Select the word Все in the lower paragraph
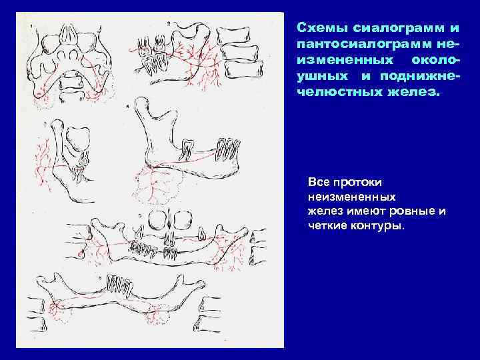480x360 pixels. tap(318, 181)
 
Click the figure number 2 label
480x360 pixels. tap(169, 23)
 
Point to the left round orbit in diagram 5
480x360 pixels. tap(159, 219)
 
